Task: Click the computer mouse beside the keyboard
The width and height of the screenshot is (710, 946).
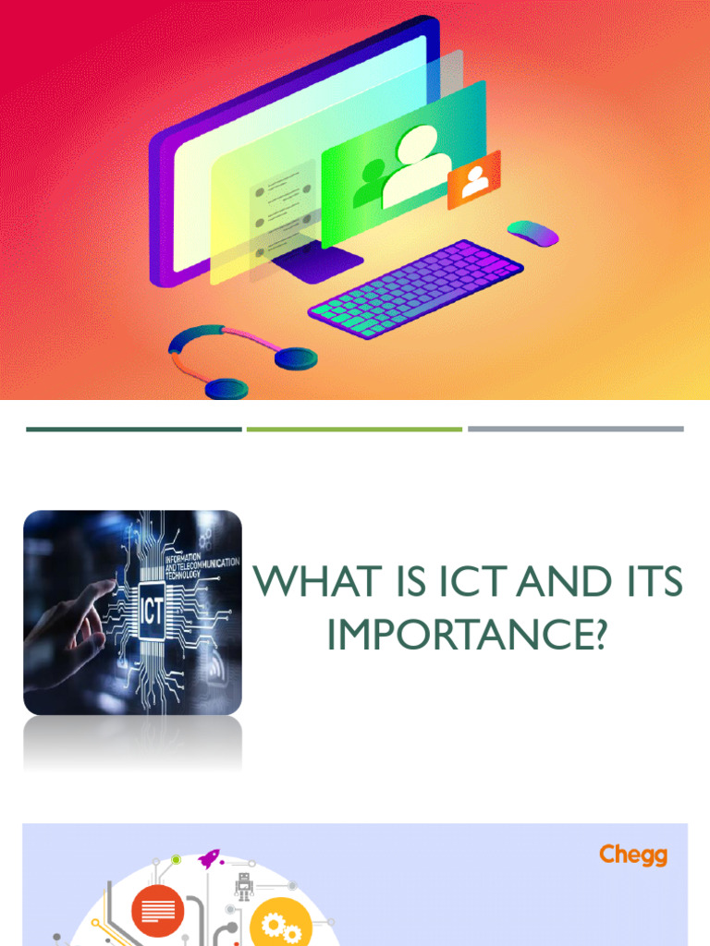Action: coord(533,233)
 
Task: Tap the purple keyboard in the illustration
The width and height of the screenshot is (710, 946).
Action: coord(416,288)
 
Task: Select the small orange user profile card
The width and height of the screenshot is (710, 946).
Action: coord(473,180)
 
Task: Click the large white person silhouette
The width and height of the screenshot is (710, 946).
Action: coord(415,166)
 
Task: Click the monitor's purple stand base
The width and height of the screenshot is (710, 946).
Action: coord(316,265)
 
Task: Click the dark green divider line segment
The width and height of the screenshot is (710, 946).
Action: coord(134,429)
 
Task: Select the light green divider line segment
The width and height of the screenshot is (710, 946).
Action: coord(354,429)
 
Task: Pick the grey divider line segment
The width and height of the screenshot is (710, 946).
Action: coord(575,429)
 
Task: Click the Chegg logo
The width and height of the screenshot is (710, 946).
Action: coord(632,855)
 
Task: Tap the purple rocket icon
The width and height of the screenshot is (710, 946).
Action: coord(210,859)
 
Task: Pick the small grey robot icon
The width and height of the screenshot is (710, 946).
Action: coord(244,887)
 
